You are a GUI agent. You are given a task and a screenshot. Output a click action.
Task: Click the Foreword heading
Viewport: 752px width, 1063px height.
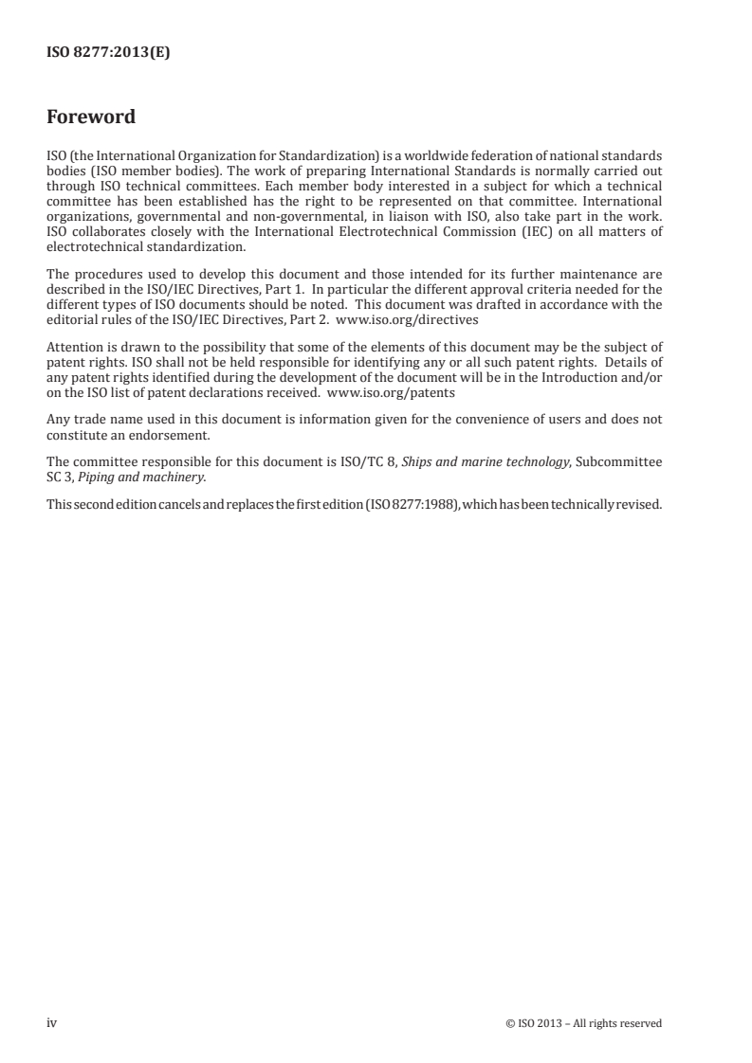click(91, 118)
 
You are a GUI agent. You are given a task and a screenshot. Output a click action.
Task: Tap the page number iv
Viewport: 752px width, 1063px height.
click(52, 1022)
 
